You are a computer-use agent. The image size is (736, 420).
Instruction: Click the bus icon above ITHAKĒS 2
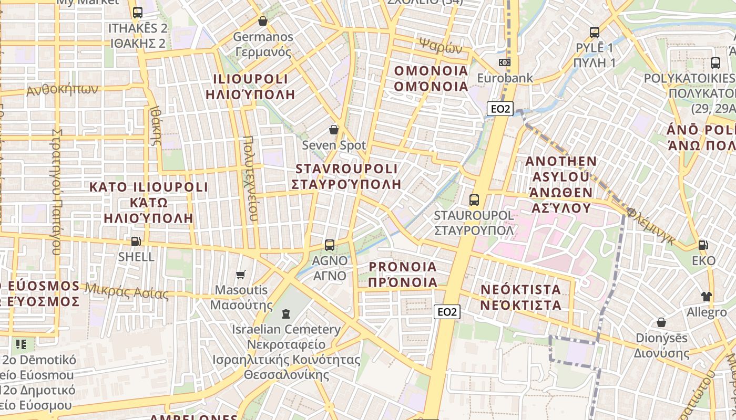click(138, 13)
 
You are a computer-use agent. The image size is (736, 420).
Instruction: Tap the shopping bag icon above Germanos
click(263, 22)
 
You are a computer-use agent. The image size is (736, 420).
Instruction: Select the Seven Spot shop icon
click(333, 130)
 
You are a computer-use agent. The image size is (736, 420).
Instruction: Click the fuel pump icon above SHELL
click(136, 241)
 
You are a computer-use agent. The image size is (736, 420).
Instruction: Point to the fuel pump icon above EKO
click(703, 245)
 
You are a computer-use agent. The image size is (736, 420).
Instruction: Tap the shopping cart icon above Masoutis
click(241, 275)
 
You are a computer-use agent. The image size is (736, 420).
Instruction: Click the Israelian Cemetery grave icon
click(285, 314)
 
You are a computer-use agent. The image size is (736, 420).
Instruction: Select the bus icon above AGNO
click(330, 245)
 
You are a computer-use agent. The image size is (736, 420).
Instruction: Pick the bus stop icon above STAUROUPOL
click(474, 200)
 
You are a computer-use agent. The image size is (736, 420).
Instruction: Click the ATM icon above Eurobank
click(505, 62)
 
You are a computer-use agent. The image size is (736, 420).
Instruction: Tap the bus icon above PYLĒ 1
click(595, 33)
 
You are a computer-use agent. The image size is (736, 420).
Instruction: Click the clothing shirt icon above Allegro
click(706, 297)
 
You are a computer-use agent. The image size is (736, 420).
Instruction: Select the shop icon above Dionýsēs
click(661, 322)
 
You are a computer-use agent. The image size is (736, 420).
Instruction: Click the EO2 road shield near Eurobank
click(499, 109)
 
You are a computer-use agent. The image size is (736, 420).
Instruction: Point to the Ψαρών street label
click(441, 46)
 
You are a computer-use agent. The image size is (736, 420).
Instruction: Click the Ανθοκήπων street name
click(62, 90)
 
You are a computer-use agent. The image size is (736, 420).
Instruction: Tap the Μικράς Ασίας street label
click(127, 290)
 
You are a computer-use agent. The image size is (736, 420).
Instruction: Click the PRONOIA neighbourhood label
click(403, 267)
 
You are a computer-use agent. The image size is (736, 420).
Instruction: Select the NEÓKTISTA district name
click(521, 289)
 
